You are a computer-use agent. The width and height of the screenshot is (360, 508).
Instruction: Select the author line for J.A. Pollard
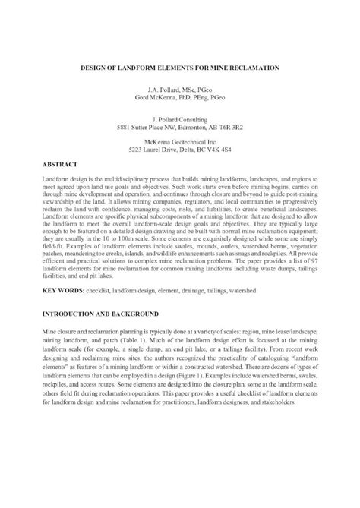pyautogui.click(x=180, y=90)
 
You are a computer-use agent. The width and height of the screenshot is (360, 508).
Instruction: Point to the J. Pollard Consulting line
pyautogui.click(x=180, y=119)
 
